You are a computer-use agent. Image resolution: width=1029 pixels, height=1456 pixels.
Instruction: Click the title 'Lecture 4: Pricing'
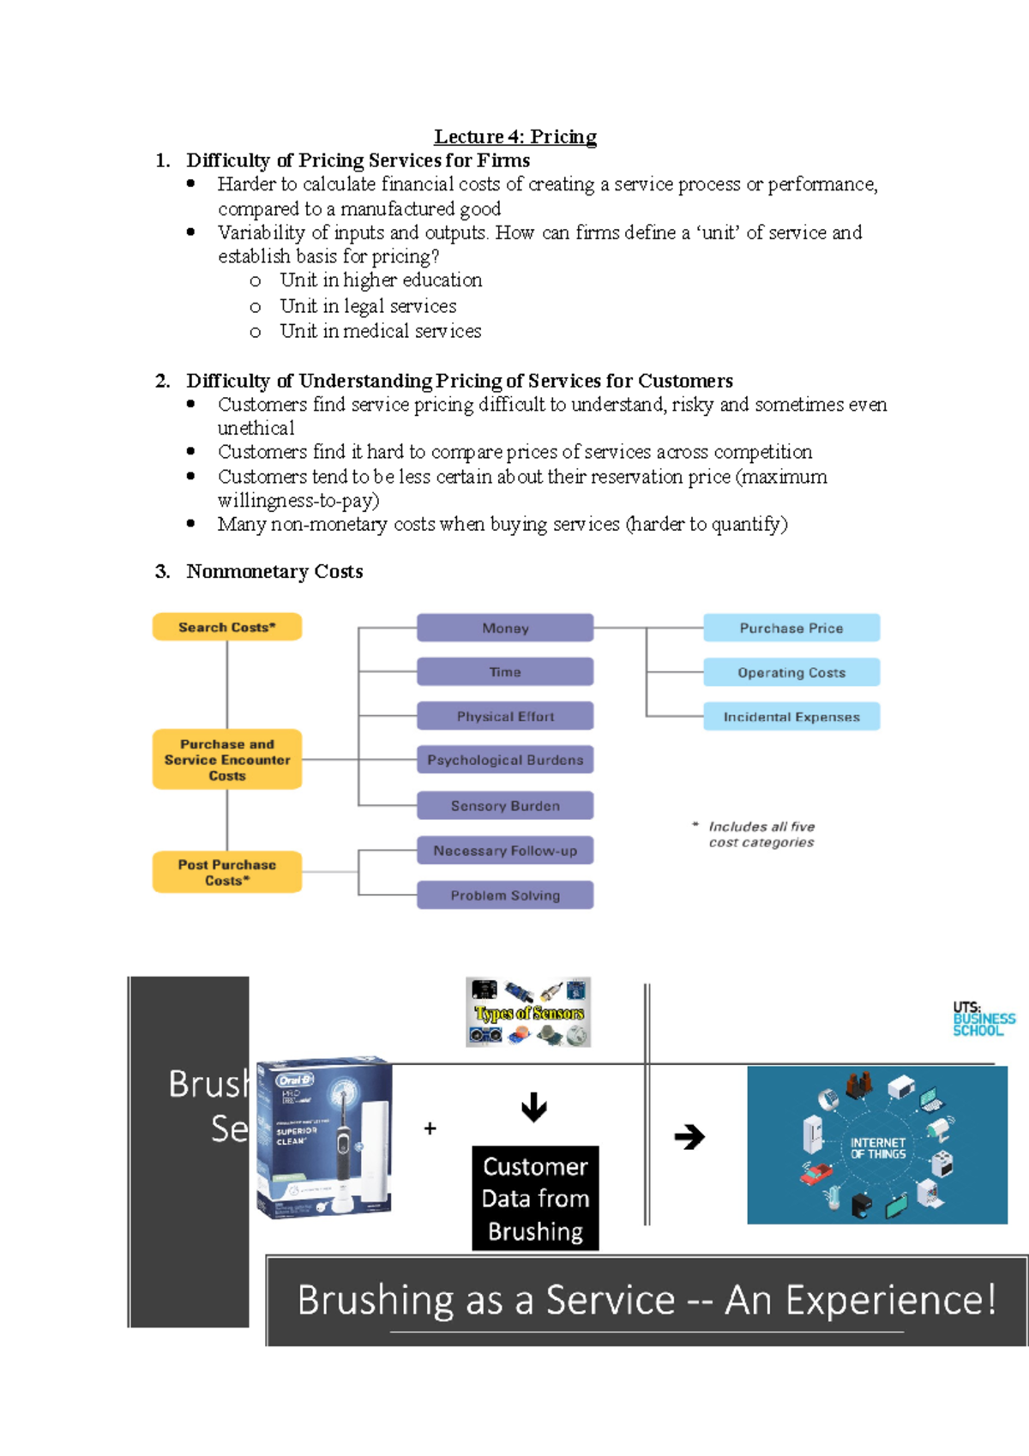click(514, 136)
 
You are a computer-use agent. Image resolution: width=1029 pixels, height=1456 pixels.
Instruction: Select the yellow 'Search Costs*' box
click(227, 627)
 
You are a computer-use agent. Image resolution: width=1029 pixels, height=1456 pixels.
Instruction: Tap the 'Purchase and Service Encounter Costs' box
click(227, 760)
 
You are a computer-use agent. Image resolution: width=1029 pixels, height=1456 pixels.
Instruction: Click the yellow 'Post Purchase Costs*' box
click(227, 872)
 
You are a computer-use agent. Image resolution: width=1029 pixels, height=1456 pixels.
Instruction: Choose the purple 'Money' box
click(505, 628)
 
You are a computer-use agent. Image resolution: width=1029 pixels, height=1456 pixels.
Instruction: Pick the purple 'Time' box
click(505, 672)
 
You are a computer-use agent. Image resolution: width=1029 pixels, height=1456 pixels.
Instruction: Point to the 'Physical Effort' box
click(505, 716)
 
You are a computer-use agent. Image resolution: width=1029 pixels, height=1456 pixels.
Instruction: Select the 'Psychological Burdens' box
click(505, 760)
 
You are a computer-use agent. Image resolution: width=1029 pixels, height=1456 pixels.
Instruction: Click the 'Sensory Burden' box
click(505, 806)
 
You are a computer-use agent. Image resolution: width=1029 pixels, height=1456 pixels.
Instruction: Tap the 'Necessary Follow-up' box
click(505, 851)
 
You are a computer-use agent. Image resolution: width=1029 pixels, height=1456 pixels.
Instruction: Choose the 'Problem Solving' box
click(505, 895)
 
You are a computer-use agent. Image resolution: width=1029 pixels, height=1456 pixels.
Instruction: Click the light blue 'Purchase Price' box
click(791, 628)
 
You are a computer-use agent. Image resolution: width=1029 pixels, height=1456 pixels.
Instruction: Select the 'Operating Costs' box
click(791, 672)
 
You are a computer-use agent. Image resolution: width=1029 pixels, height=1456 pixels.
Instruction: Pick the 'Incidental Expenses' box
click(791, 717)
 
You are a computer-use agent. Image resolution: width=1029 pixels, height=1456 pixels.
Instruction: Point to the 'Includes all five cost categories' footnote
click(761, 834)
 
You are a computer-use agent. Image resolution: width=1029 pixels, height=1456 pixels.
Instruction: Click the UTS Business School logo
click(983, 1019)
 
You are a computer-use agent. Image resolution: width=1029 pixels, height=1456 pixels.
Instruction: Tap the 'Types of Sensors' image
click(528, 1013)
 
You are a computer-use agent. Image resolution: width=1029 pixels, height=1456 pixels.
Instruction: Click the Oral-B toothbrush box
click(324, 1137)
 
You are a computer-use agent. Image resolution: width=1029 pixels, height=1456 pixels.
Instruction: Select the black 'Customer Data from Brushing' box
click(535, 1198)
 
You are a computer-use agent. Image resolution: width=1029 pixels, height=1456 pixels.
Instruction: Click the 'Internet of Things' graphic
click(876, 1146)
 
